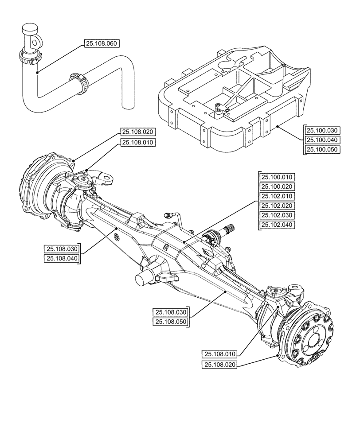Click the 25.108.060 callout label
102,43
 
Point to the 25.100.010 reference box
278,177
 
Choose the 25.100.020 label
278,187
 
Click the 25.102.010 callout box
278,196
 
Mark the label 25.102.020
278,206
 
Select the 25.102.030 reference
278,215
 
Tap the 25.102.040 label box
278,225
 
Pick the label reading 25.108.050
170,322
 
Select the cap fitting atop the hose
31,35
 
